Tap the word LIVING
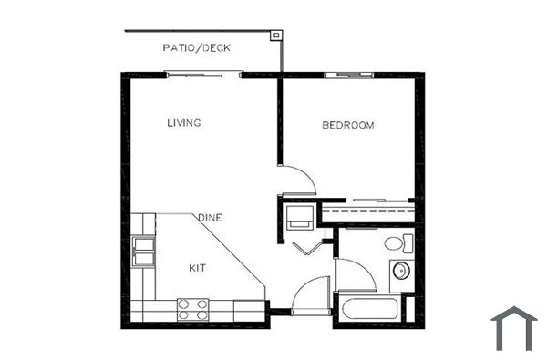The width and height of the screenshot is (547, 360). [183, 122]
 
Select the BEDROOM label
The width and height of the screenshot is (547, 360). [348, 125]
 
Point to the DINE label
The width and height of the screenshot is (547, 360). [212, 218]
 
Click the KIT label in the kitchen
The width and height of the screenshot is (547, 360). [198, 268]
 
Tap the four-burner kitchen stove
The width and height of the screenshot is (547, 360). [192, 309]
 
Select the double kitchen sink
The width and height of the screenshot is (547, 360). [142, 251]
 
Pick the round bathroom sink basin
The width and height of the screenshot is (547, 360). [400, 272]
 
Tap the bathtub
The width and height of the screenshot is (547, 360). [369, 307]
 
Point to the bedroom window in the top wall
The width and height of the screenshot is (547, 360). [348, 73]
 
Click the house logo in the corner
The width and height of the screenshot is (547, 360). [514, 328]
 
